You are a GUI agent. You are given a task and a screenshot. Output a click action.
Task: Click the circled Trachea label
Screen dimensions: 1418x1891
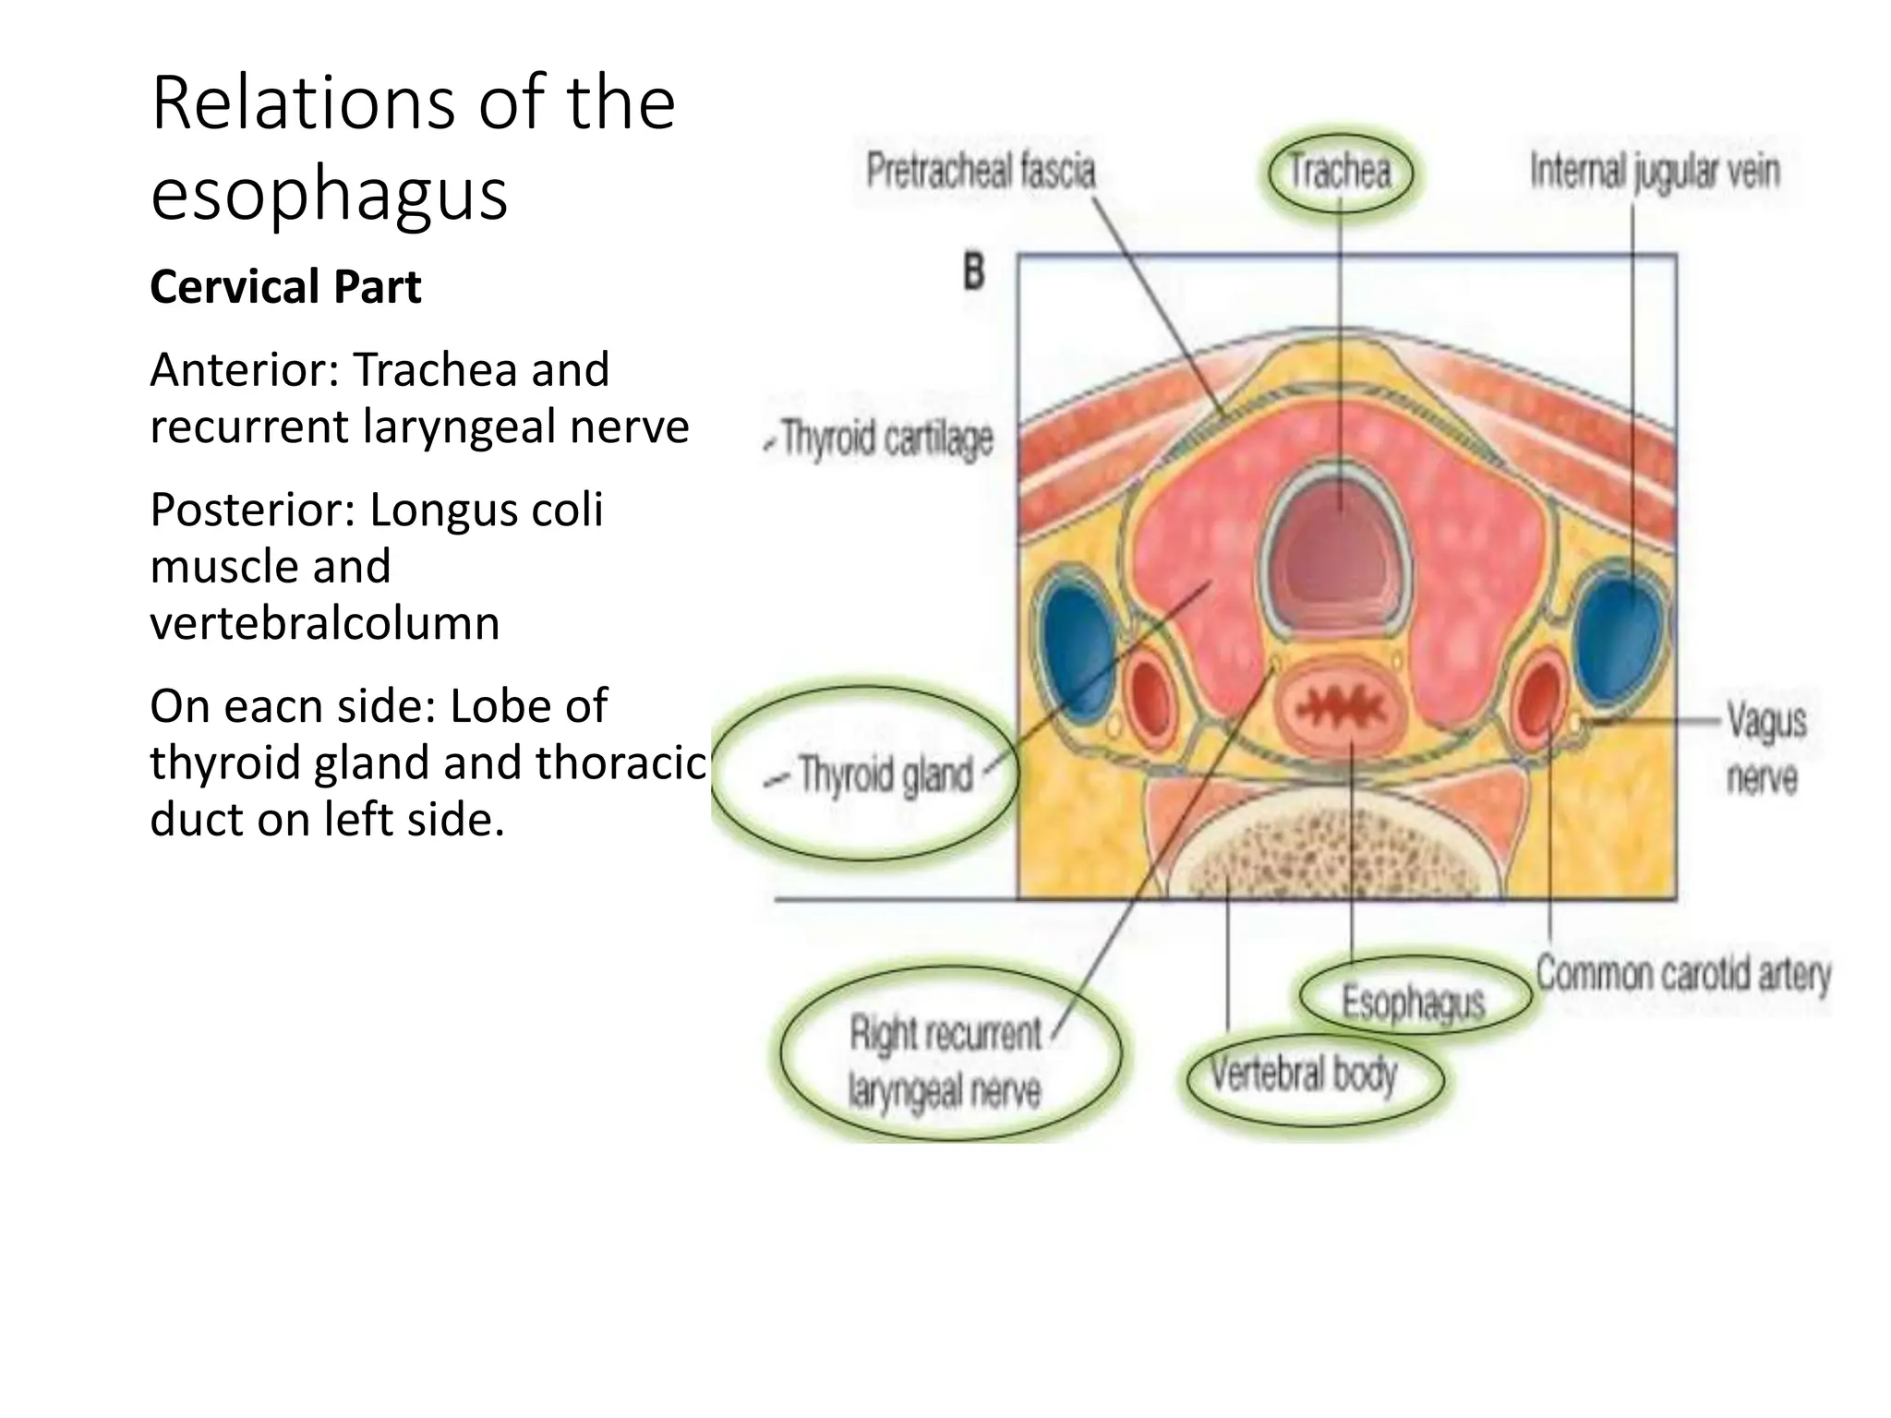[1339, 173]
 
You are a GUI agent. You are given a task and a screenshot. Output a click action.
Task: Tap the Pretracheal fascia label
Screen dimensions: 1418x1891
[981, 172]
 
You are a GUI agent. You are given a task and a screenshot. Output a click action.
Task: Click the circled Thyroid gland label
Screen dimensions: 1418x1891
[885, 774]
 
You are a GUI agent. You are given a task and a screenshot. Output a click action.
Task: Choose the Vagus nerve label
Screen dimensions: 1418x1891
[1765, 749]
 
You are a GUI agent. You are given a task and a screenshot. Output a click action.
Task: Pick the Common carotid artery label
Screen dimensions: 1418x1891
[1682, 974]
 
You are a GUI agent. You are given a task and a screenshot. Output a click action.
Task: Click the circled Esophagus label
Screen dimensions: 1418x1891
[1412, 1001]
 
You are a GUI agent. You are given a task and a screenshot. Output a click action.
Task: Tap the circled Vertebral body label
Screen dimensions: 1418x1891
[1303, 1074]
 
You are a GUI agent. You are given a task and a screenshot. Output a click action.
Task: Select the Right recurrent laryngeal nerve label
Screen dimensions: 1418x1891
[945, 1062]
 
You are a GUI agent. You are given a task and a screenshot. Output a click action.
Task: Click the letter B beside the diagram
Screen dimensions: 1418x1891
[973, 273]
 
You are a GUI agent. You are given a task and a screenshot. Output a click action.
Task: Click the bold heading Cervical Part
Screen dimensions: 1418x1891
[285, 286]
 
